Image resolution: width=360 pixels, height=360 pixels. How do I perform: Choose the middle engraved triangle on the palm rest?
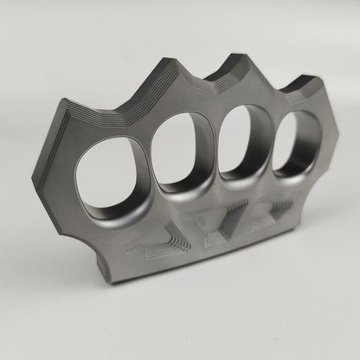[x=217, y=227]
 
